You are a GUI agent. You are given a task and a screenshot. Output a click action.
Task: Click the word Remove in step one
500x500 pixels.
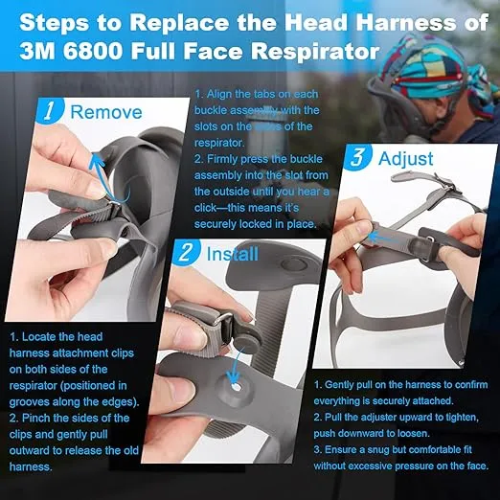pyautogui.click(x=106, y=112)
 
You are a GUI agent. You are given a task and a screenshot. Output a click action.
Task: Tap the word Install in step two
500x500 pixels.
pyautogui.click(x=233, y=254)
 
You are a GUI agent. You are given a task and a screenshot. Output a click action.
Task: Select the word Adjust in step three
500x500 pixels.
pyautogui.click(x=406, y=159)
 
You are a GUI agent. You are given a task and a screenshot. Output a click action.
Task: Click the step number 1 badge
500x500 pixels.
pyautogui.click(x=50, y=111)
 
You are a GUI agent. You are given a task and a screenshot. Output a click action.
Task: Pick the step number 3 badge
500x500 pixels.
pyautogui.click(x=357, y=157)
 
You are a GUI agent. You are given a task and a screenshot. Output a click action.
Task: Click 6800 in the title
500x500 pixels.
pyautogui.click(x=92, y=51)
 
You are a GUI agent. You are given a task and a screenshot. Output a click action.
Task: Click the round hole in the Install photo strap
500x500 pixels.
pyautogui.click(x=237, y=388)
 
